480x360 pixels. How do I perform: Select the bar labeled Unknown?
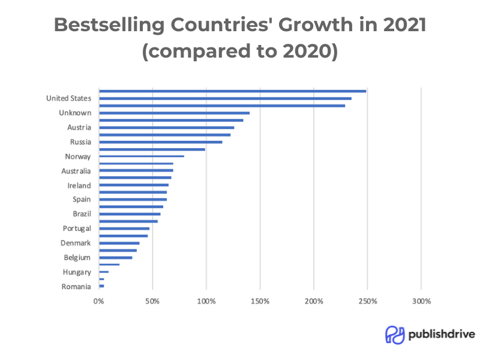click(174, 113)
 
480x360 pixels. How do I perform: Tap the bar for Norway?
click(142, 157)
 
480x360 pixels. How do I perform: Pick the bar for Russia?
click(161, 142)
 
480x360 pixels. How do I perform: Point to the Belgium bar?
click(115, 257)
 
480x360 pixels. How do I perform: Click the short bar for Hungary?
click(104, 272)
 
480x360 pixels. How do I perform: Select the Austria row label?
click(79, 128)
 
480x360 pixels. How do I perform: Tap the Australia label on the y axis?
click(76, 171)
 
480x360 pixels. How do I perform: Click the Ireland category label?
click(79, 185)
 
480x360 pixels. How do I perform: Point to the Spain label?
click(82, 200)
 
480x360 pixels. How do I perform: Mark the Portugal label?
click(77, 229)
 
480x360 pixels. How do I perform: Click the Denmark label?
click(76, 243)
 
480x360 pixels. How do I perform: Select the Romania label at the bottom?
click(76, 287)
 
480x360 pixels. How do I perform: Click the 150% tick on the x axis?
click(260, 301)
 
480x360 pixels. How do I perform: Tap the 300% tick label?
click(421, 301)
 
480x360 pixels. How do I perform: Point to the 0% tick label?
click(99, 301)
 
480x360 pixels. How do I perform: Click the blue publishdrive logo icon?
click(394, 335)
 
